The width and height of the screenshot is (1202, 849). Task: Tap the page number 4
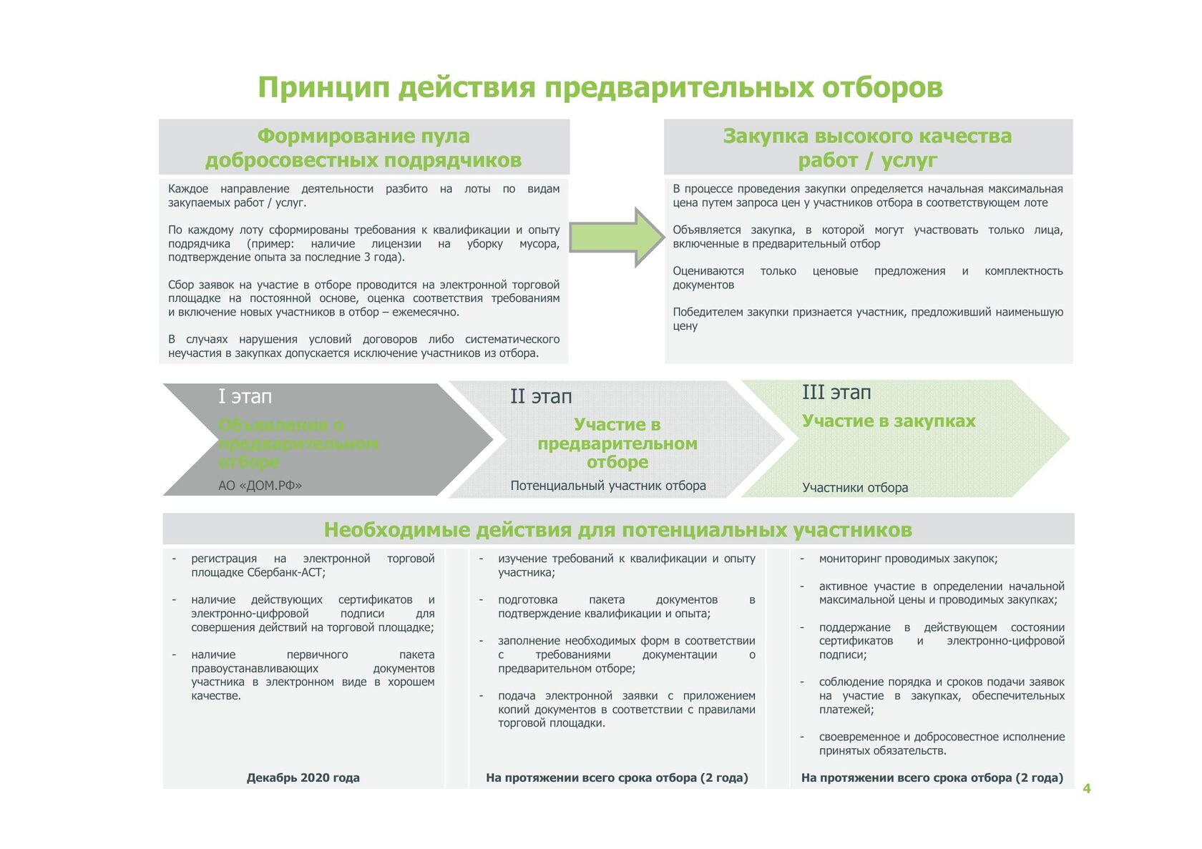(1086, 788)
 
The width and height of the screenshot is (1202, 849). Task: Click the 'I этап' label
(245, 396)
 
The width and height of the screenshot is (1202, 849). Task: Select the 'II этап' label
(541, 396)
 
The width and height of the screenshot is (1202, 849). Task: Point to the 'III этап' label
(836, 392)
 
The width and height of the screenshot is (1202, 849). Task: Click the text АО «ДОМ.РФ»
(260, 486)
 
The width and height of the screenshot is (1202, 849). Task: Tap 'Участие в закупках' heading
(888, 421)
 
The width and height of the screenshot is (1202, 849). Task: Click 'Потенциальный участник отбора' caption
(607, 486)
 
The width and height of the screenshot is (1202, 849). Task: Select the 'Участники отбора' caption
(855, 488)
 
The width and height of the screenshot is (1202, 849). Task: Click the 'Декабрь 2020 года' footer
(303, 777)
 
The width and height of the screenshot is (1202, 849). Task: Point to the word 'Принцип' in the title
(323, 87)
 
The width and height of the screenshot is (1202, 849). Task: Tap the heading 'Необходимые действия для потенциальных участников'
(617, 529)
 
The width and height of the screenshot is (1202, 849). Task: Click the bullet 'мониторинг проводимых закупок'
(908, 559)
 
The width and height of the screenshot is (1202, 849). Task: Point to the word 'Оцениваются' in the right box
(708, 271)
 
